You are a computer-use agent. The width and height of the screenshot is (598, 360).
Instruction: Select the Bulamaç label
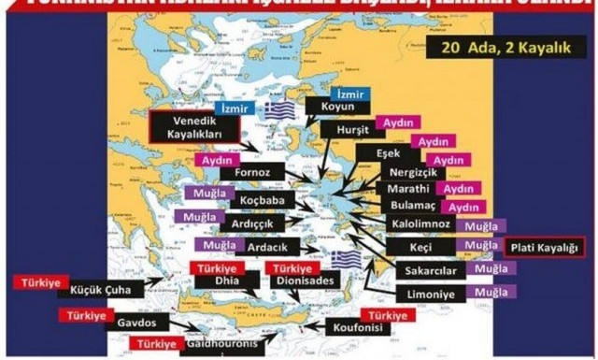pos(412,207)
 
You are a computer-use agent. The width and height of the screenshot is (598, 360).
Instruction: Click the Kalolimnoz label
pos(421,225)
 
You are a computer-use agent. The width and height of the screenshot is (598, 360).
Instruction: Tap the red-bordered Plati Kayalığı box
pos(543,249)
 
